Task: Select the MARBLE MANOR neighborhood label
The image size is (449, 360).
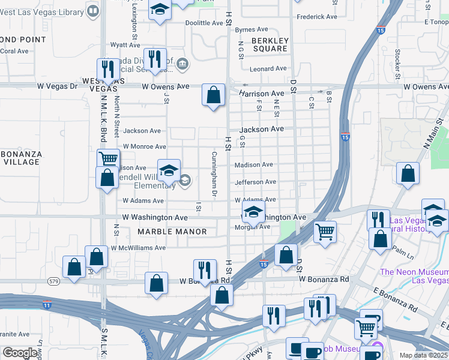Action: point(172,232)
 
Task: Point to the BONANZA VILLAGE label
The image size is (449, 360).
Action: point(20,158)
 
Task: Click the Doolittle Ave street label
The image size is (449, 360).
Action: point(204,23)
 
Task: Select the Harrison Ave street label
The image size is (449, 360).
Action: point(261,94)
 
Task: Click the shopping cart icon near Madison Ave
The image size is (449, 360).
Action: point(108,159)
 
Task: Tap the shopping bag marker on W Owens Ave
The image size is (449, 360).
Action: point(213,95)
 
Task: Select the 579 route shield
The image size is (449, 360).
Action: point(53,281)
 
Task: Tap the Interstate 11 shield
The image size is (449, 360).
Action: point(47,305)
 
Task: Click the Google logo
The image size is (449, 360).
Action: point(20,353)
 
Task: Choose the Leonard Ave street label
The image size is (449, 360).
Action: point(268,69)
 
